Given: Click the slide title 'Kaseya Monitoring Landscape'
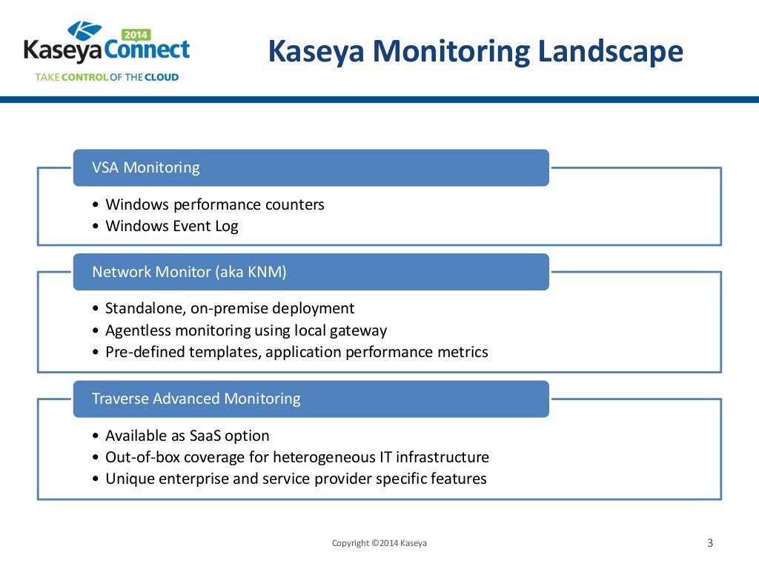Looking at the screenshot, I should [474, 52].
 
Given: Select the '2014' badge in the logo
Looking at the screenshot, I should [136, 34].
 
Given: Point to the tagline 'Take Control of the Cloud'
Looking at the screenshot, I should [107, 77].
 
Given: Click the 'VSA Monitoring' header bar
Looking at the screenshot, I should [311, 167].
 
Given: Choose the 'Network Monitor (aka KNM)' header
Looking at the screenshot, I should [311, 272].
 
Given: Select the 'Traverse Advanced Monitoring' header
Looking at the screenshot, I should [311, 399].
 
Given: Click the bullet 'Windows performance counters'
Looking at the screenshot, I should [215, 204].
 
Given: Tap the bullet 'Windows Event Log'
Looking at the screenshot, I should [172, 226].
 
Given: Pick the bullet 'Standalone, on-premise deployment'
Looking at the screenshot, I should [230, 308].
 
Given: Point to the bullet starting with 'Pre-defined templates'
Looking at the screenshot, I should [296, 352].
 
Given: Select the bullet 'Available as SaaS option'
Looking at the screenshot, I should [188, 436].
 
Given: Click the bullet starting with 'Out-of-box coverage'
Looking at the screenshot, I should [296, 457].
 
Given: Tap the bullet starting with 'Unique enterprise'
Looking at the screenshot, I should [296, 479].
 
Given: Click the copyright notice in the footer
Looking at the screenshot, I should [379, 543].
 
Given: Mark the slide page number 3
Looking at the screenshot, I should [709, 543].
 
